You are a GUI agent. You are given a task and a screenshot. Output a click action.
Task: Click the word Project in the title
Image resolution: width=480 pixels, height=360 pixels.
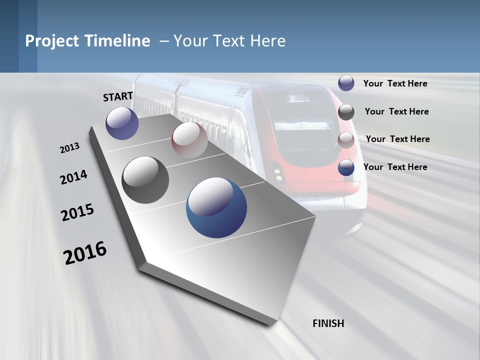(x=52, y=41)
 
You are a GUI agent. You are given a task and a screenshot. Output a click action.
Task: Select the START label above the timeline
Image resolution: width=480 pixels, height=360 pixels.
(x=118, y=96)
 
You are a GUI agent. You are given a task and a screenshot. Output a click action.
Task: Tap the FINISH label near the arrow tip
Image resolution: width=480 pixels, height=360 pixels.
(x=328, y=323)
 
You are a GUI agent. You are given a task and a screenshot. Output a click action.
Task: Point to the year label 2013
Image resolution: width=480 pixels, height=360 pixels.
(x=70, y=148)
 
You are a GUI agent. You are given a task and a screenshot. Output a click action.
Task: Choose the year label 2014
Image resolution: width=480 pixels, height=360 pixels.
(x=73, y=177)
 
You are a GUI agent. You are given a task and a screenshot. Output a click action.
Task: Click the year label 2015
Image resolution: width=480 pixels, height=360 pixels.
(x=77, y=212)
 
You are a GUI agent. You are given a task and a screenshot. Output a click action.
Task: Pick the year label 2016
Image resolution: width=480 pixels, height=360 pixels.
(x=85, y=252)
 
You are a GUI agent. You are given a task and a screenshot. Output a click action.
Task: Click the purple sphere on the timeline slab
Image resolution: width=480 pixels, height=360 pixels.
(x=122, y=123)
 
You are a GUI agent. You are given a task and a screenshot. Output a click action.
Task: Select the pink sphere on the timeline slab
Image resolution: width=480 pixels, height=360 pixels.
(x=189, y=140)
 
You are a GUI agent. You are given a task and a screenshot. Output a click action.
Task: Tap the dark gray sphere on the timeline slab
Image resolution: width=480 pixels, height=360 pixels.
(x=145, y=180)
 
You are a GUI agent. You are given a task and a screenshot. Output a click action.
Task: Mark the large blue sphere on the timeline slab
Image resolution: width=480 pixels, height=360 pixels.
(x=216, y=207)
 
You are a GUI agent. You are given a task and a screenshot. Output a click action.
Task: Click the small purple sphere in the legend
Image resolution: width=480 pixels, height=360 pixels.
(x=346, y=83)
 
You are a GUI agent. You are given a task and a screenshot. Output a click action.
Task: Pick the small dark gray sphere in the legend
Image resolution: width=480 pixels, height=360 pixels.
(x=346, y=112)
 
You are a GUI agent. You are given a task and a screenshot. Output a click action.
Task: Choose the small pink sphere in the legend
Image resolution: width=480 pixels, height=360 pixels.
(x=346, y=140)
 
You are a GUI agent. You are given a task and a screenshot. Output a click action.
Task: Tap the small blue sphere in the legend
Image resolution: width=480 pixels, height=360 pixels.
(x=346, y=167)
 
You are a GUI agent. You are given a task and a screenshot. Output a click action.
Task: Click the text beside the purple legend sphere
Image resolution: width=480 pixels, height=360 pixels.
(x=395, y=84)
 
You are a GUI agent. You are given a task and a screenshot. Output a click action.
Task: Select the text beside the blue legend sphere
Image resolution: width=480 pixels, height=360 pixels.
(x=395, y=167)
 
